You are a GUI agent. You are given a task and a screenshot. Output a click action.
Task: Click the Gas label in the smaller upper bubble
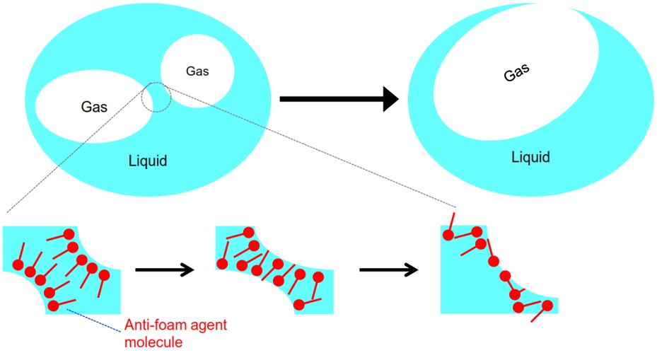tap(197, 71)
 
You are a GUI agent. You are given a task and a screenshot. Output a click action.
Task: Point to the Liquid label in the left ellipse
tap(147, 161)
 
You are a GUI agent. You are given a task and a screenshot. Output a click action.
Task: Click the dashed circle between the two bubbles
tap(156, 96)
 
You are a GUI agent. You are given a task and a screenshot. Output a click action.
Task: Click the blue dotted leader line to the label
tap(92, 318)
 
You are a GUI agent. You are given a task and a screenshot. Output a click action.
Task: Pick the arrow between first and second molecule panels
tap(164, 269)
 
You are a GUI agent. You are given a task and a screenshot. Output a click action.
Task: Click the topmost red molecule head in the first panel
tap(69, 233)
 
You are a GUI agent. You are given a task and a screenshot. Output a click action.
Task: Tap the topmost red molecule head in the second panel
tap(248, 232)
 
